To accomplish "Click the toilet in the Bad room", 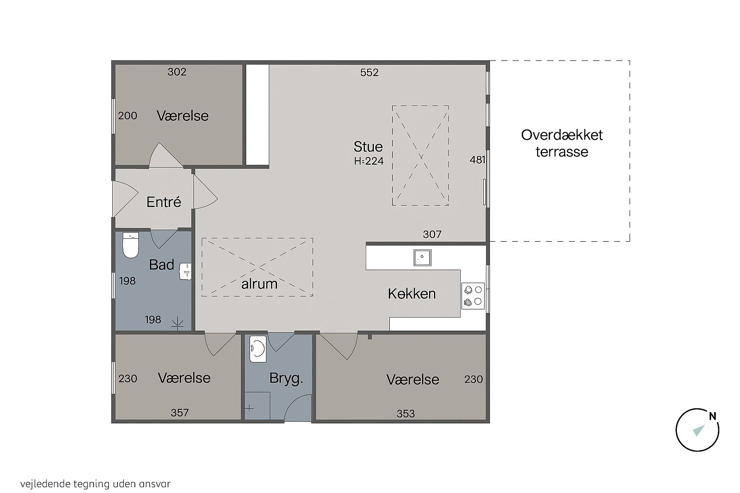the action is click(131, 245).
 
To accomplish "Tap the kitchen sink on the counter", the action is click(422, 258).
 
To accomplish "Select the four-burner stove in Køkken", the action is click(473, 296).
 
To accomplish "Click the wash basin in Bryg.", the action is click(258, 349).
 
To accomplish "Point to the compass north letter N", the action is click(713, 416).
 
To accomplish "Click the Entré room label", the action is click(164, 202).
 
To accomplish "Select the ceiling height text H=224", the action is click(369, 161).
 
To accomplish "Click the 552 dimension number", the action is click(370, 73).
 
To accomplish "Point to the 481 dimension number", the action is click(477, 160).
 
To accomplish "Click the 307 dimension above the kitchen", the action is click(432, 234).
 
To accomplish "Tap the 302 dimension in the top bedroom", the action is click(177, 72).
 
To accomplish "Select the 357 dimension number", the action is click(180, 413).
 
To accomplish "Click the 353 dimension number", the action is click(406, 414).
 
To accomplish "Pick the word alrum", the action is click(259, 284).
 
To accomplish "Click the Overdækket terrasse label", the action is click(562, 143).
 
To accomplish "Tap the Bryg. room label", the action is click(286, 378).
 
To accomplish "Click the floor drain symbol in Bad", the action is click(177, 324).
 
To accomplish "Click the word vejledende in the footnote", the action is click(45, 484).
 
